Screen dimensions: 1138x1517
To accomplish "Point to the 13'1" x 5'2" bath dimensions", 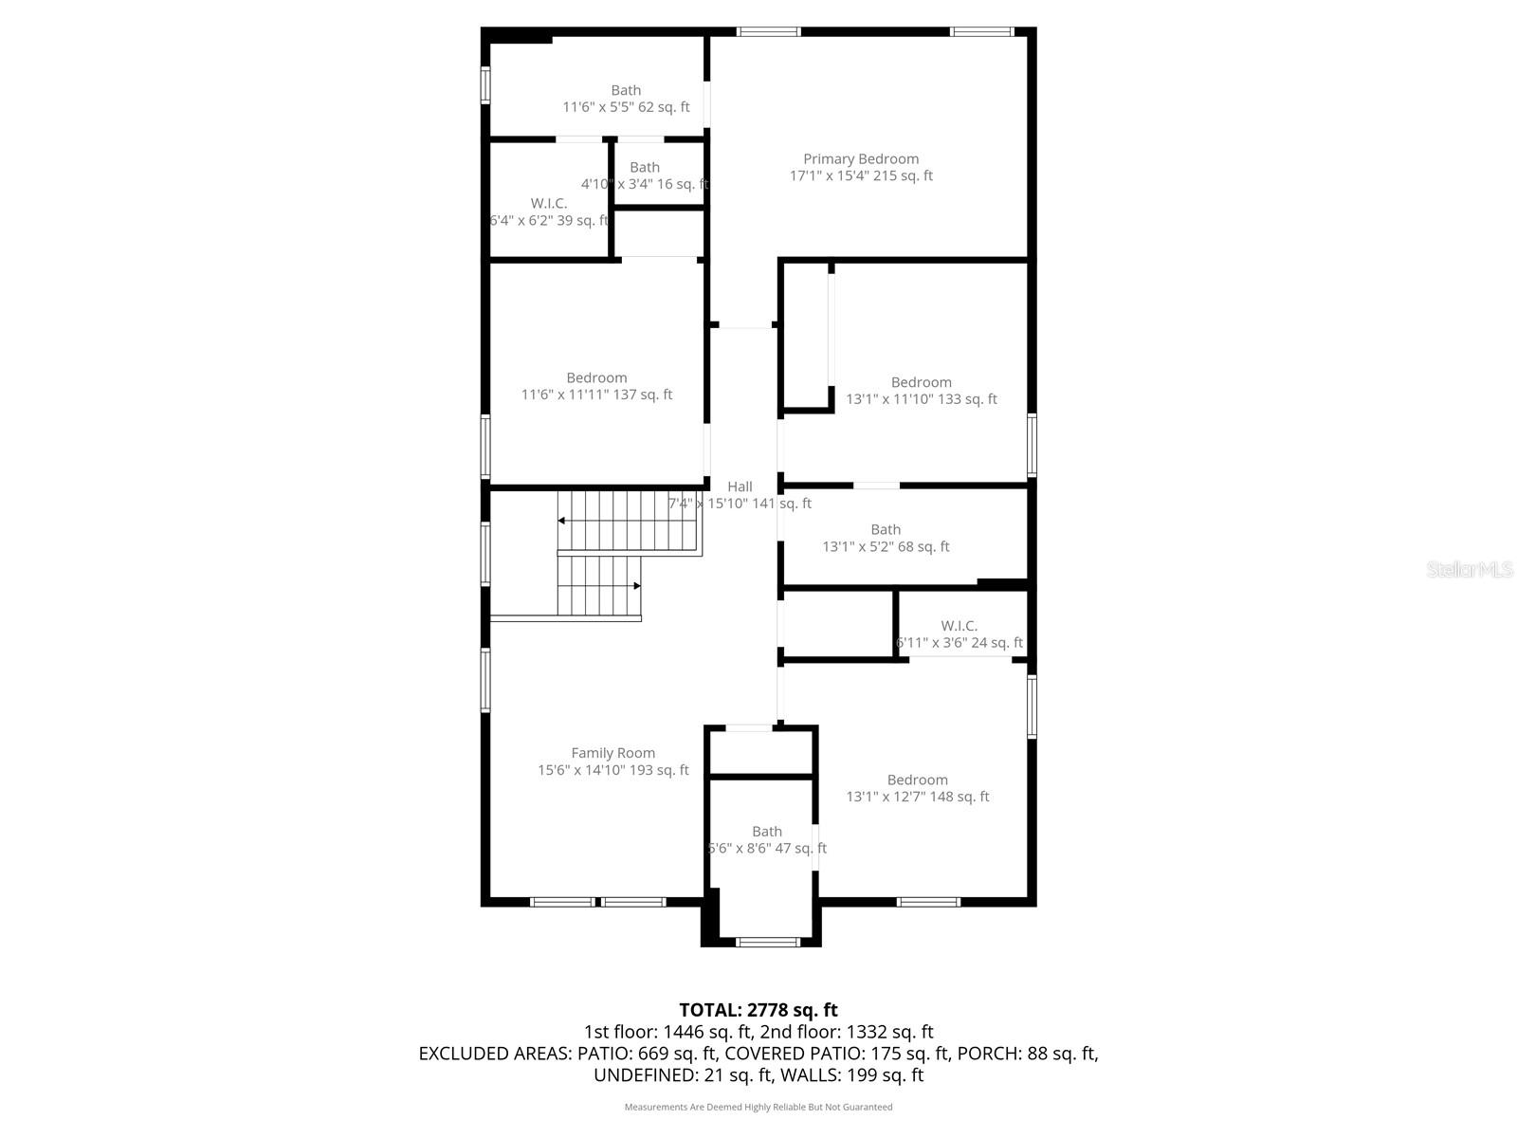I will (x=886, y=546).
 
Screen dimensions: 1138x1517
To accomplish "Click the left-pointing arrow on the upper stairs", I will (x=562, y=521).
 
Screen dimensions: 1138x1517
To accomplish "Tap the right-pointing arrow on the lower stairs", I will (x=636, y=586).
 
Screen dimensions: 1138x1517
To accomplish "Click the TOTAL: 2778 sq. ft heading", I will (x=758, y=1010).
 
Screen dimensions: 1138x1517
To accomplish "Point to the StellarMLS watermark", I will (x=1469, y=570).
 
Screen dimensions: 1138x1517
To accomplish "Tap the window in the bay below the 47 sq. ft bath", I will (x=768, y=942).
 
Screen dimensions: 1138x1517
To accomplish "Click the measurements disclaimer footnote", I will (x=758, y=1107).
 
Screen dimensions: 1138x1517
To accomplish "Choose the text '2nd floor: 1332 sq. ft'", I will (x=853, y=1032).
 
